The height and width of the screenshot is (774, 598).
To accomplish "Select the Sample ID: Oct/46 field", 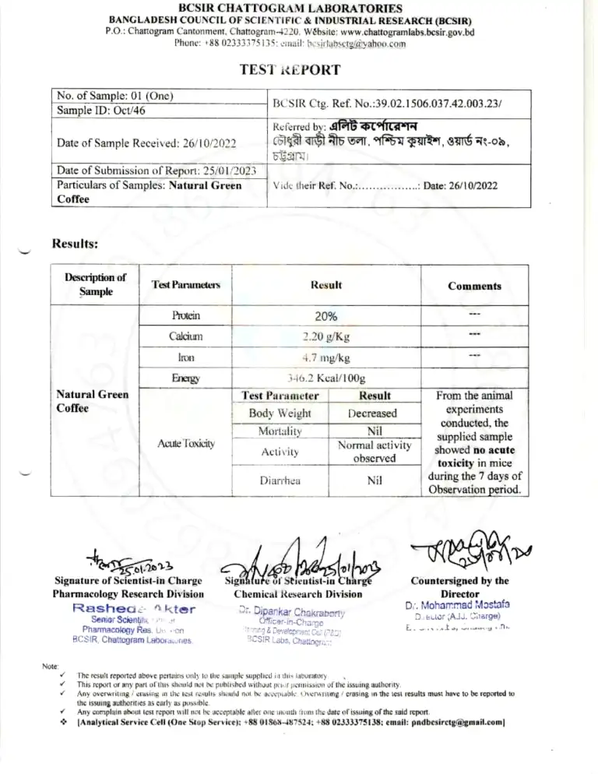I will (101, 111).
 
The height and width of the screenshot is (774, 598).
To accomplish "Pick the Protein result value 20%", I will (325, 316).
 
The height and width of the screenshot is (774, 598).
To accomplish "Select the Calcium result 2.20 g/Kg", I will (325, 337).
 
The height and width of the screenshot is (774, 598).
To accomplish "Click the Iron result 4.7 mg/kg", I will (325, 358).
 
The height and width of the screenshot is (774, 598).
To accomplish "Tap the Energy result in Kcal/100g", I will (325, 378).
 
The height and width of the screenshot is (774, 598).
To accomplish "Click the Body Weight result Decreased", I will (371, 413).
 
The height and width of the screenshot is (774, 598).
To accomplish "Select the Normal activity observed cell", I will (371, 452).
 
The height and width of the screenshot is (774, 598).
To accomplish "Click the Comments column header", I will (474, 286).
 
